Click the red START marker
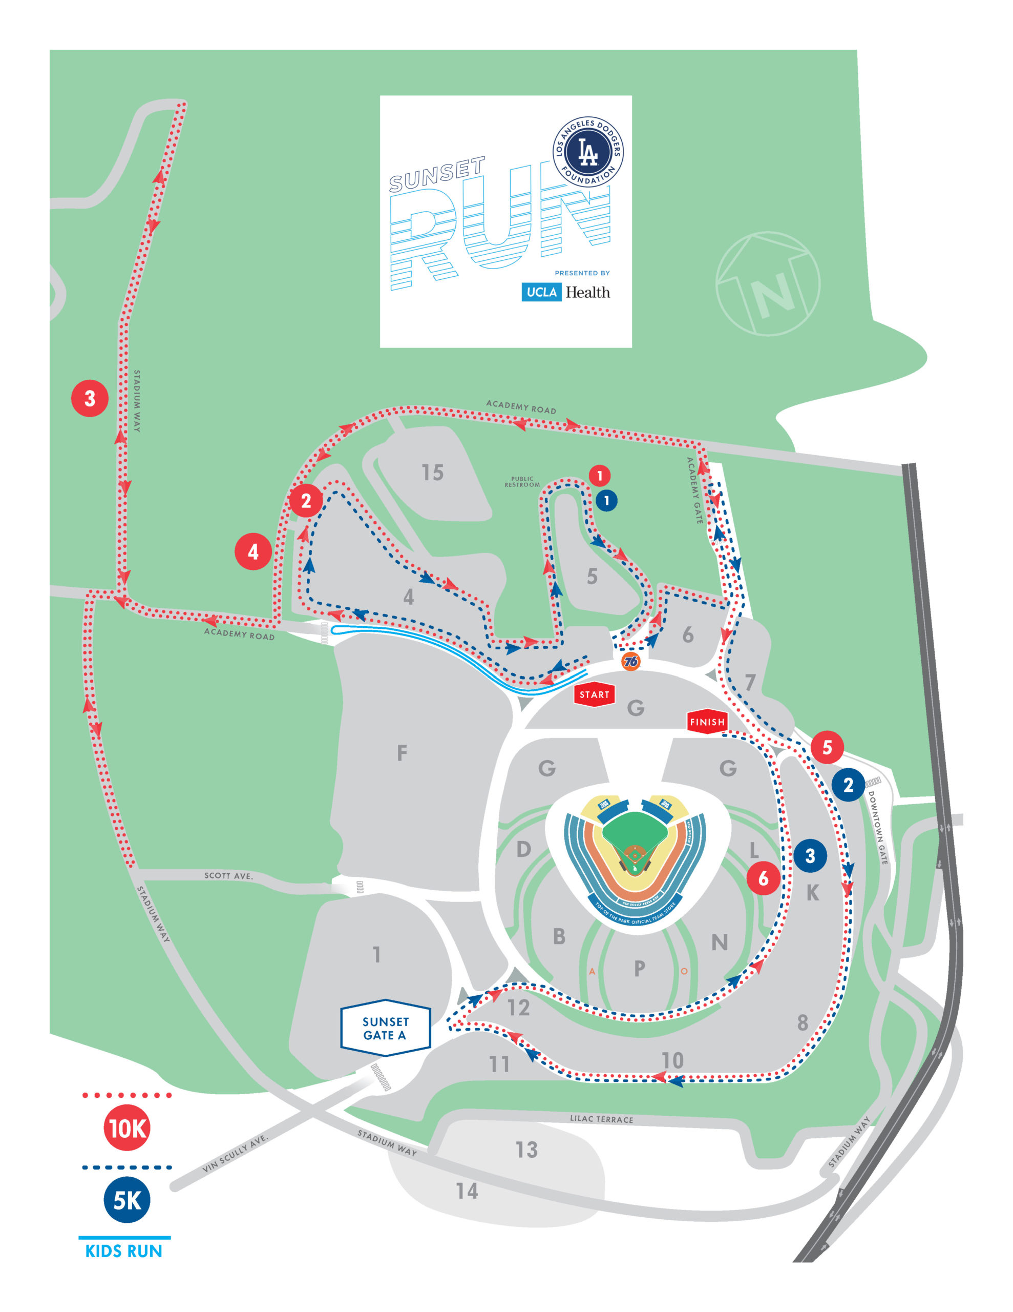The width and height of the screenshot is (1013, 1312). [x=594, y=694]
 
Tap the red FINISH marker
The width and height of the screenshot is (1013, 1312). [x=707, y=722]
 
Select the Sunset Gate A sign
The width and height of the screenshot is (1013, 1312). [x=386, y=1028]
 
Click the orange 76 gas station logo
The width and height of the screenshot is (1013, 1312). [x=630, y=662]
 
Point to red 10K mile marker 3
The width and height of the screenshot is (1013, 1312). [x=90, y=398]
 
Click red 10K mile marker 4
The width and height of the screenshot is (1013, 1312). [x=253, y=551]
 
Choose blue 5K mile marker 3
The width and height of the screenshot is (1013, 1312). [x=810, y=855]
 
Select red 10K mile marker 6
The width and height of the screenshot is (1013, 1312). [x=763, y=878]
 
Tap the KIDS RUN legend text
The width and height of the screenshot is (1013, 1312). [x=124, y=1252]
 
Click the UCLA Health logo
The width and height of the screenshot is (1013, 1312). [x=565, y=292]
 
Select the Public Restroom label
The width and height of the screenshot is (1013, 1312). [x=522, y=482]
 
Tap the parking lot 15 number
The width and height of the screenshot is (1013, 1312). [x=432, y=473]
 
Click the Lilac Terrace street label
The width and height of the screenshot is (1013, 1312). [x=601, y=1119]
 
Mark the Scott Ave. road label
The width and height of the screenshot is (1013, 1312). [x=228, y=876]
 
